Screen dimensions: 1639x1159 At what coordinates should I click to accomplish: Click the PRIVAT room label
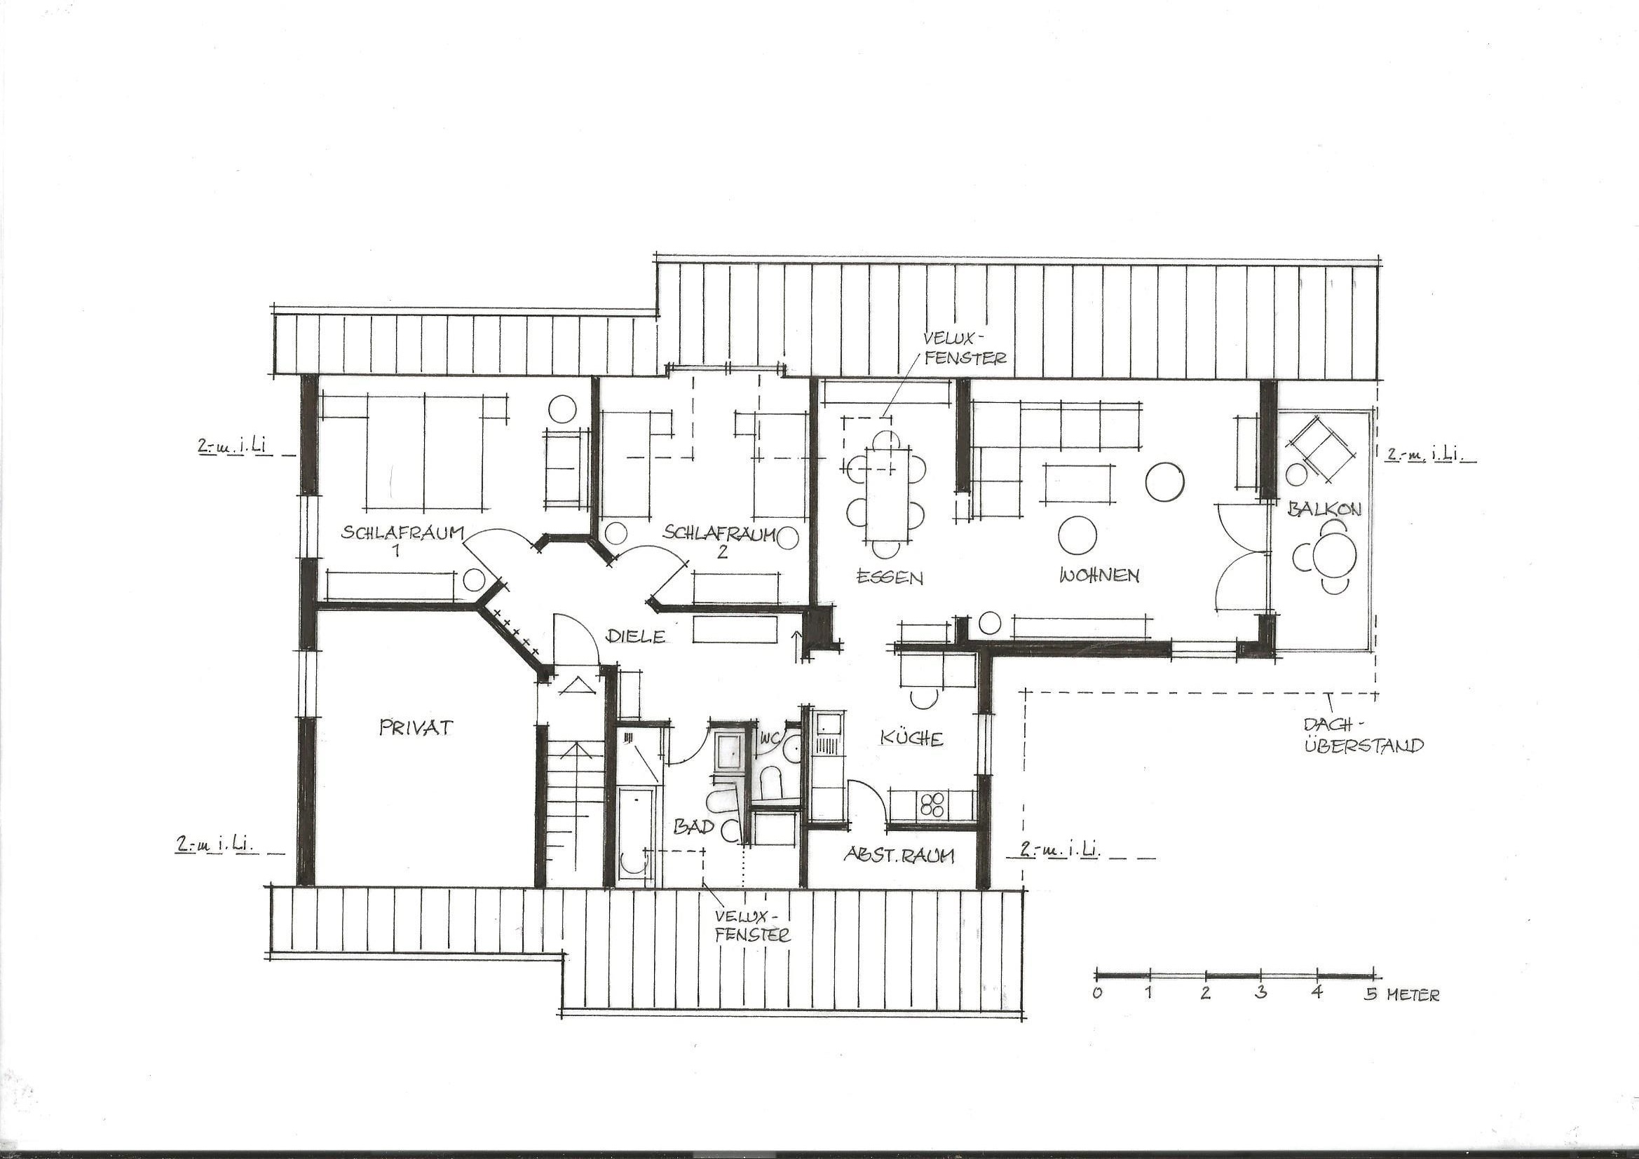point(416,727)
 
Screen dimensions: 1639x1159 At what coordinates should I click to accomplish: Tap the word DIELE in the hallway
point(635,636)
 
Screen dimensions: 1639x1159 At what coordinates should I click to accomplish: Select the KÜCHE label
point(911,738)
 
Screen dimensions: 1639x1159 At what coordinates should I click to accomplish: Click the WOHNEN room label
point(1099,575)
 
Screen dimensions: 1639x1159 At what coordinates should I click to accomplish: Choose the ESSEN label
point(890,577)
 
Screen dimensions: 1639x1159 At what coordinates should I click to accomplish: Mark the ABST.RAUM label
point(899,855)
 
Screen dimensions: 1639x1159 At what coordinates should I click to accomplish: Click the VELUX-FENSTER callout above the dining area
point(965,348)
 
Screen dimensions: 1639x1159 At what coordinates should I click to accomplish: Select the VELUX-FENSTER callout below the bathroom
point(753,926)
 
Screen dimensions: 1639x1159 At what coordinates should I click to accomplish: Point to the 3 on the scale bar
point(1260,993)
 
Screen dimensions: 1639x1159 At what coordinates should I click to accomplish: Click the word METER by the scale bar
point(1413,995)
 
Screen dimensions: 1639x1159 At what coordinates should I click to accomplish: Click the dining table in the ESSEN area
point(886,495)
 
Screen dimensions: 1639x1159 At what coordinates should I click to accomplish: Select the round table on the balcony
point(1334,554)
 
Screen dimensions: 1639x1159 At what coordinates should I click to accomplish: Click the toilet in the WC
point(772,781)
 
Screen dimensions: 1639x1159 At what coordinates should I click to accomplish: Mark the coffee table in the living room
point(1080,484)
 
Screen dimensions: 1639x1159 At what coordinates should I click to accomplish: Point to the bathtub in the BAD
point(635,837)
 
